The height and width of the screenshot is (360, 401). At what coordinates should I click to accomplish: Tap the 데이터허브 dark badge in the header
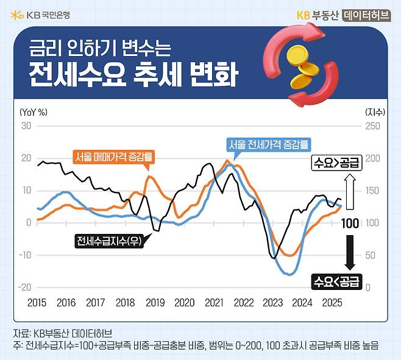[366, 15]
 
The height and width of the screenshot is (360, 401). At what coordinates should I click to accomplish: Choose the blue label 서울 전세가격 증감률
[268, 145]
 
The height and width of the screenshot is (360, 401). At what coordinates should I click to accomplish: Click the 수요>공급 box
[336, 162]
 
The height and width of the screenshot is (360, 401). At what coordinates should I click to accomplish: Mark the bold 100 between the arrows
[350, 223]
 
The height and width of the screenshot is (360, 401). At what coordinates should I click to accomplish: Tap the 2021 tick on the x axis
[214, 302]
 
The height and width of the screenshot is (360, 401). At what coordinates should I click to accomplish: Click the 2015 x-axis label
[37, 302]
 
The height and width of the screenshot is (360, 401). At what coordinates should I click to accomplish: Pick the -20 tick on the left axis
[24, 287]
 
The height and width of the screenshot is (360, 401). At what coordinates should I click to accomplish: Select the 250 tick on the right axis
[372, 126]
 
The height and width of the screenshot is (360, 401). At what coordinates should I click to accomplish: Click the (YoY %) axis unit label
[34, 111]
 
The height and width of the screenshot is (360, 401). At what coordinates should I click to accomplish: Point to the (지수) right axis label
[375, 111]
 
